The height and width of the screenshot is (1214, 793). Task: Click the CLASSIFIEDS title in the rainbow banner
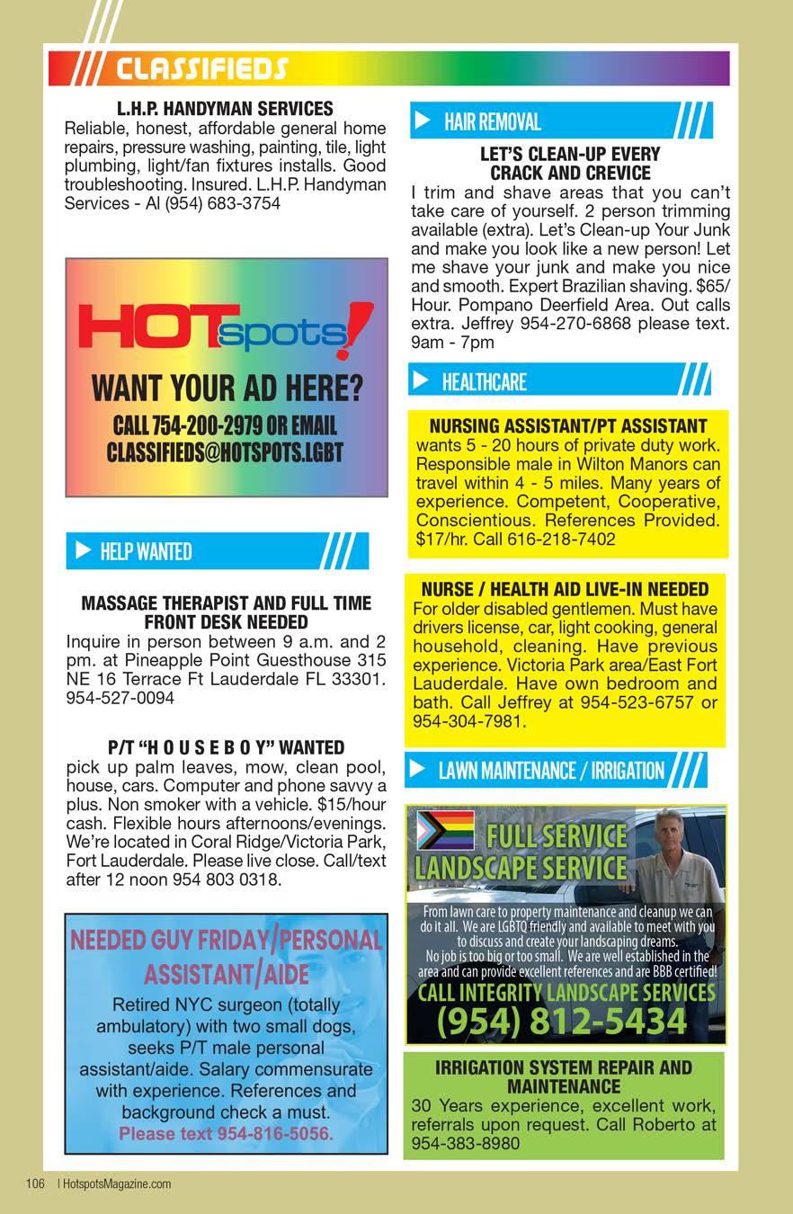coord(201,68)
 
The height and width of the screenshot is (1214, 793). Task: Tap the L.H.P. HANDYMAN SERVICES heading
coord(225,109)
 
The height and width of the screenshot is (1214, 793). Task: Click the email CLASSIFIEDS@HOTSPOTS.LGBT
coord(225,451)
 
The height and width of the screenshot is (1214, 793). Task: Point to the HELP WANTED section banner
coord(216,550)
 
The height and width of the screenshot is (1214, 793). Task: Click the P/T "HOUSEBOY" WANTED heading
coord(226,747)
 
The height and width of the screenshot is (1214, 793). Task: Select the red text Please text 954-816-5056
coord(226,1133)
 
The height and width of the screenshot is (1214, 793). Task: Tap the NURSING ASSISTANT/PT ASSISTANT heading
coord(568,426)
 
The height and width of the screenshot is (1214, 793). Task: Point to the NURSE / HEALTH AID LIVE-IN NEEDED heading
coord(566,590)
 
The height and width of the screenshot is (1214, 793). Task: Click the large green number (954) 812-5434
coord(562,1021)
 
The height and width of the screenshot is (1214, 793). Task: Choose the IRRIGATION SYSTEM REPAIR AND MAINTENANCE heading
coord(564,1077)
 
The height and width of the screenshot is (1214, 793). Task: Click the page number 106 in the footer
coord(36,1183)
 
